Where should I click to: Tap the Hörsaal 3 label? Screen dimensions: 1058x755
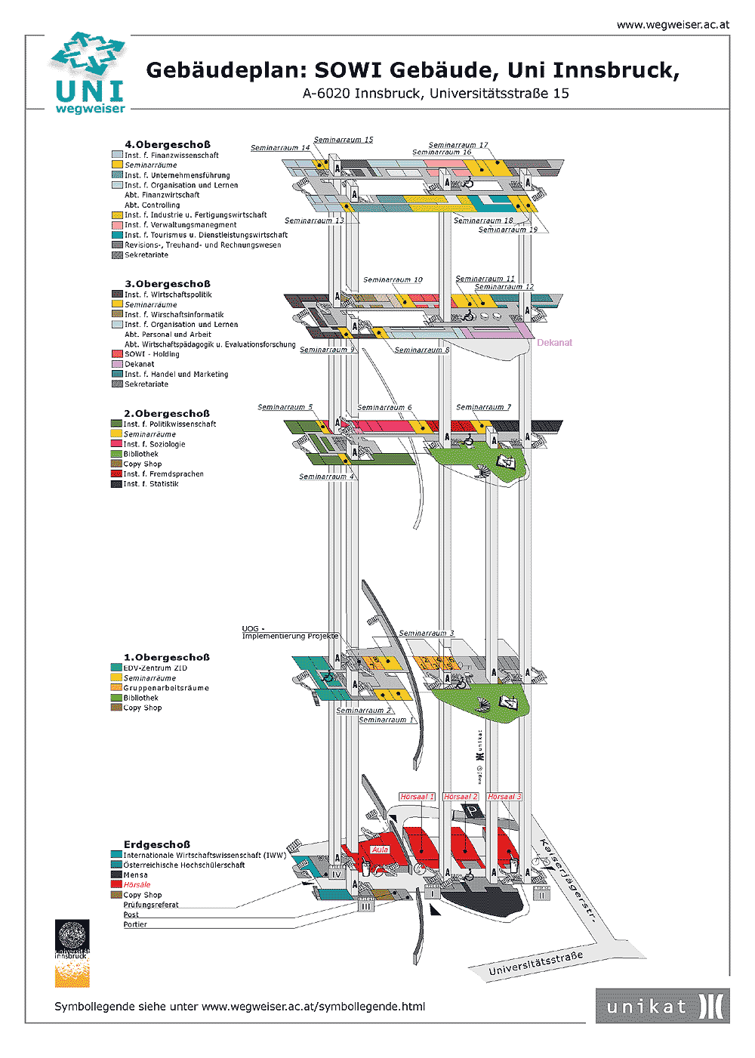click(x=504, y=797)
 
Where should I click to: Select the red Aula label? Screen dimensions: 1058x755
click(x=380, y=850)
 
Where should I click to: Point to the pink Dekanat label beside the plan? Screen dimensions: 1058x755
click(x=554, y=343)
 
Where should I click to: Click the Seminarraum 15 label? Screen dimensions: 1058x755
click(x=344, y=140)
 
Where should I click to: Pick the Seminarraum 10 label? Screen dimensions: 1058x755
click(x=393, y=280)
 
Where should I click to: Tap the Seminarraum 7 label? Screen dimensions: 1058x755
click(x=483, y=408)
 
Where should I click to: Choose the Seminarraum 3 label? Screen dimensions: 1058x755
click(x=427, y=634)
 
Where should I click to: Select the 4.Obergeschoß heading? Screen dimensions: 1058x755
click(x=168, y=145)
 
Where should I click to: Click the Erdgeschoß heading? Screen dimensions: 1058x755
click(x=157, y=844)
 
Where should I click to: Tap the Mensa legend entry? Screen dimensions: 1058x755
click(x=136, y=875)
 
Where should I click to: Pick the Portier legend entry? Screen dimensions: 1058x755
click(x=135, y=924)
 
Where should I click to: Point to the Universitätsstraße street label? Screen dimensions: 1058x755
click(x=535, y=964)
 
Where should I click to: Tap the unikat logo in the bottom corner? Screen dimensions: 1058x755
click(x=662, y=1006)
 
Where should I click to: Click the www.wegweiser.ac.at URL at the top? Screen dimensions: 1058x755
click(x=673, y=25)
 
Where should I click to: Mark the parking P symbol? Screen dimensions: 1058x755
click(x=472, y=811)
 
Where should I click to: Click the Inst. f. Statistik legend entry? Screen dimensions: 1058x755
click(x=151, y=484)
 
